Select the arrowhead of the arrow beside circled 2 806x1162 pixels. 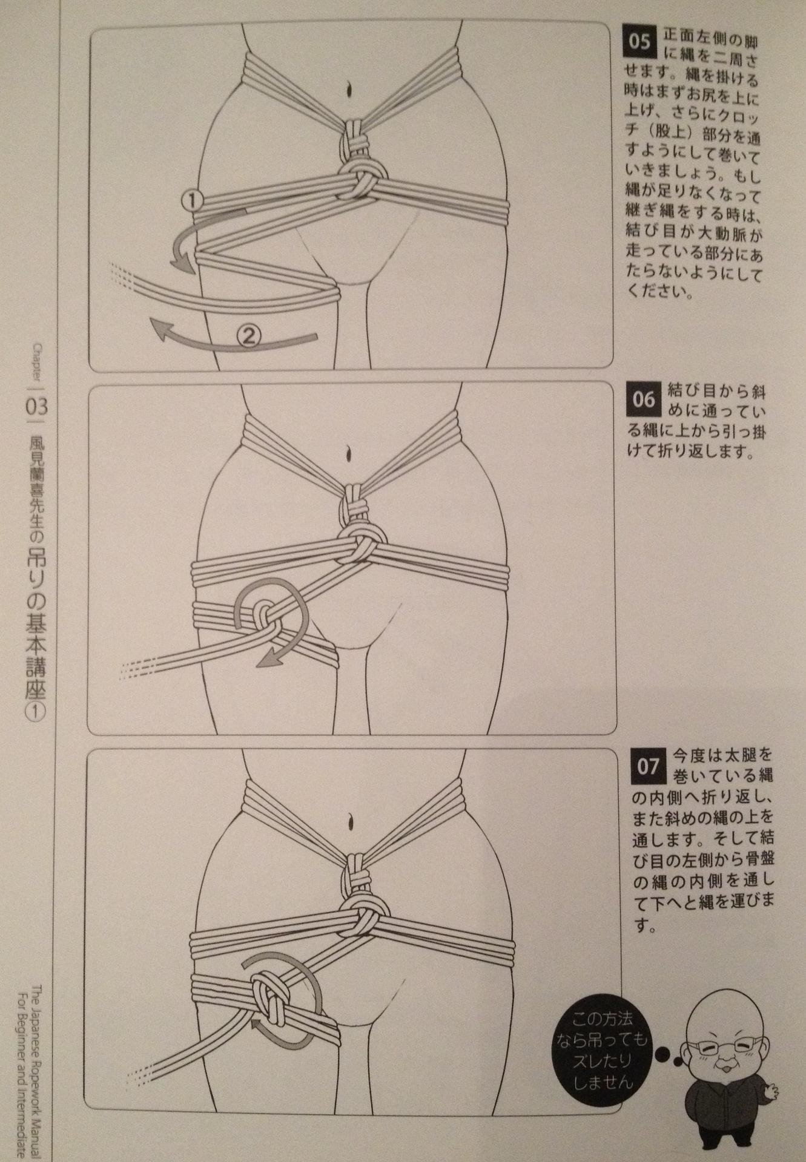pos(160,330)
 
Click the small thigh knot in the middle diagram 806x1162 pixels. pos(265,619)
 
